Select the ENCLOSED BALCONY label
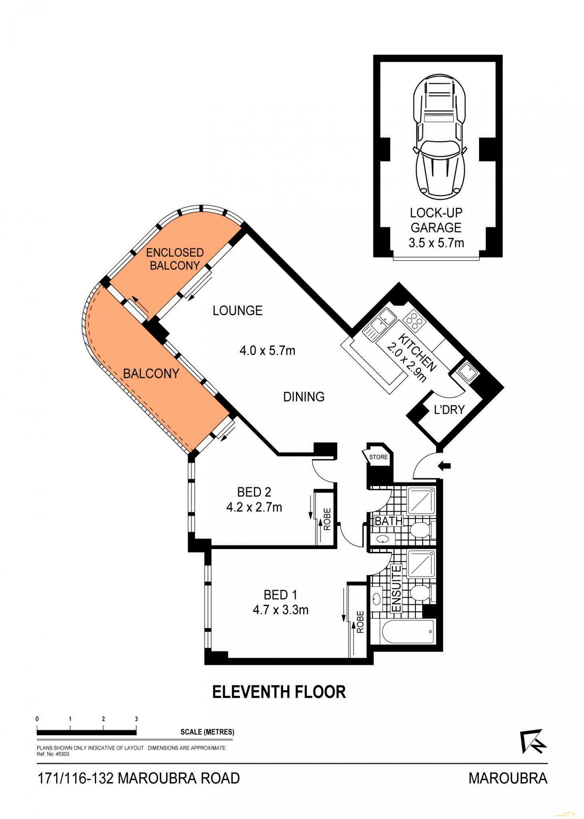pos(175,259)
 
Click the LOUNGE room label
pos(237,310)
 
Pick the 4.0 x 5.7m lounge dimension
pos(267,350)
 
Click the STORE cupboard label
pos(378,457)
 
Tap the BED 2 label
pos(254,492)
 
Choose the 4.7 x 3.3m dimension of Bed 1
pos(280,610)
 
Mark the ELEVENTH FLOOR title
pos(279,692)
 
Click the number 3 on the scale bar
pos(136,719)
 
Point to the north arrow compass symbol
pos(533,741)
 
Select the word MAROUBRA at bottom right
pos(507,778)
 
